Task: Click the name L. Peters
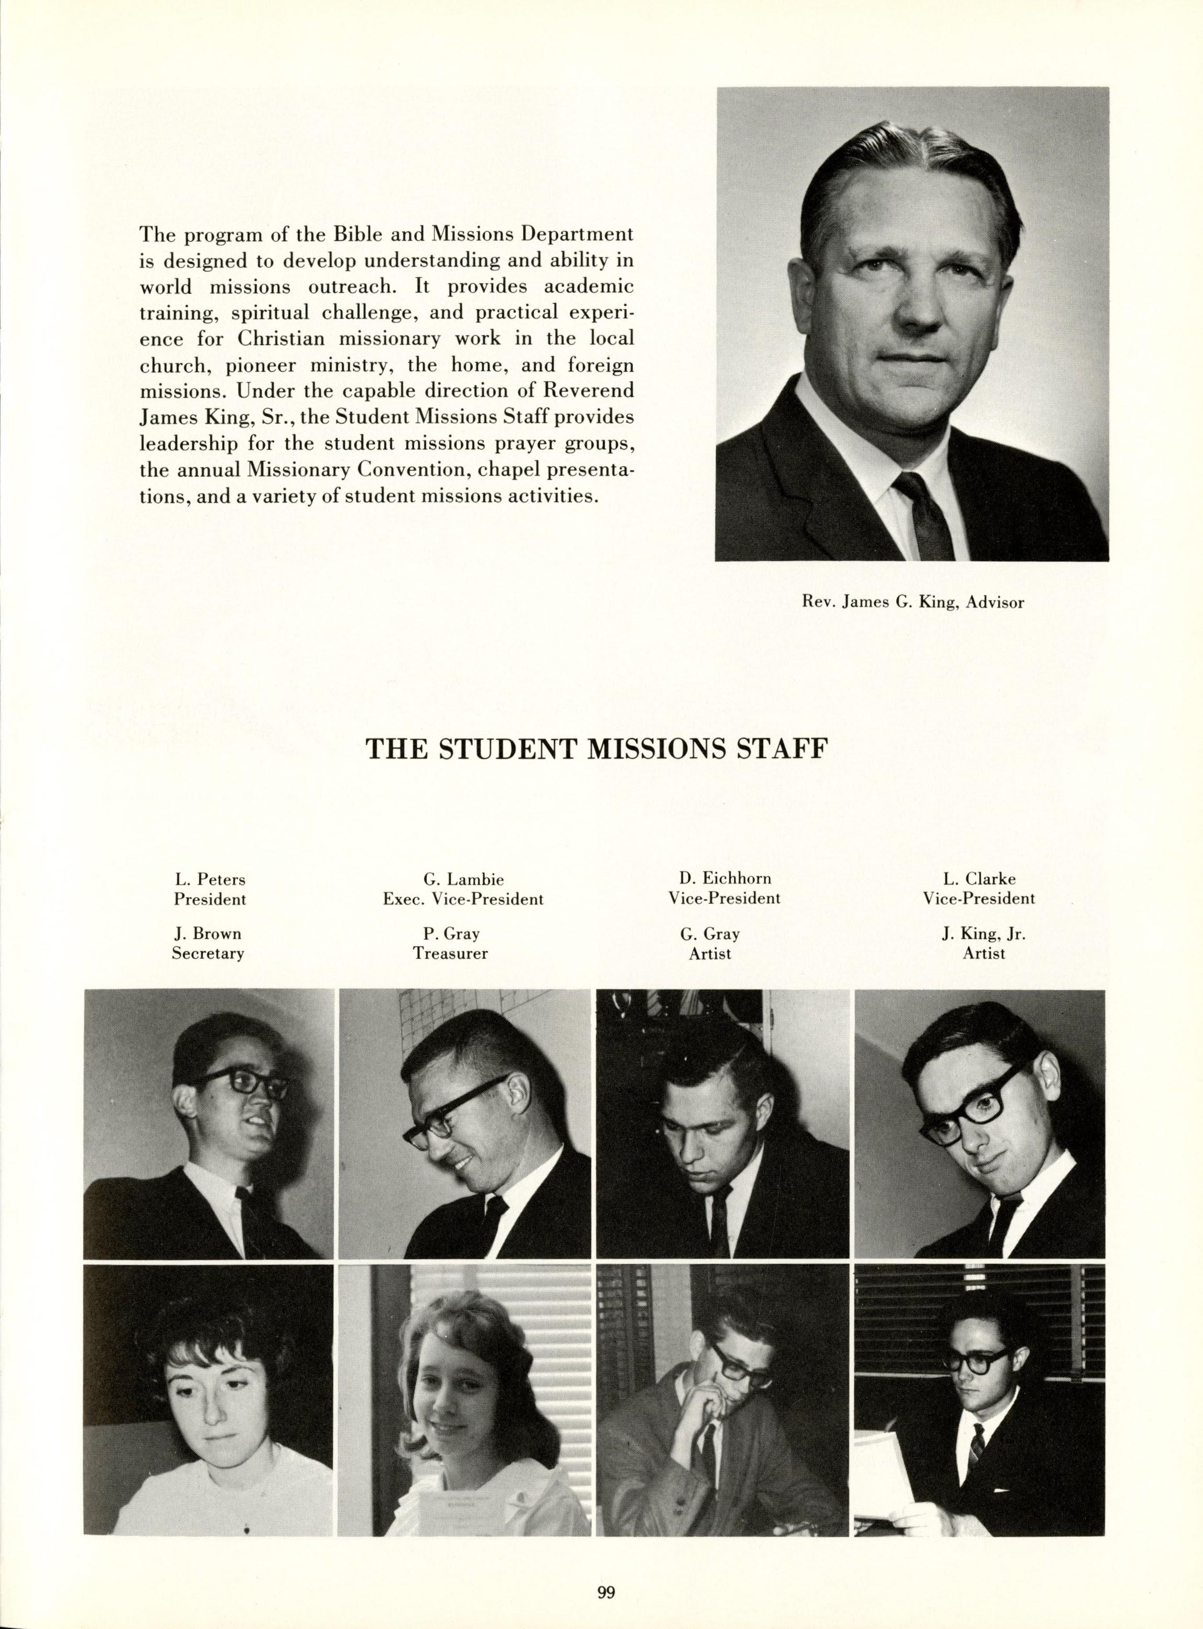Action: tap(210, 880)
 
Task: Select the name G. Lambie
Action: tap(463, 880)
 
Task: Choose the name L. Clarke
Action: tap(979, 880)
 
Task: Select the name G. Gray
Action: tap(710, 934)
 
